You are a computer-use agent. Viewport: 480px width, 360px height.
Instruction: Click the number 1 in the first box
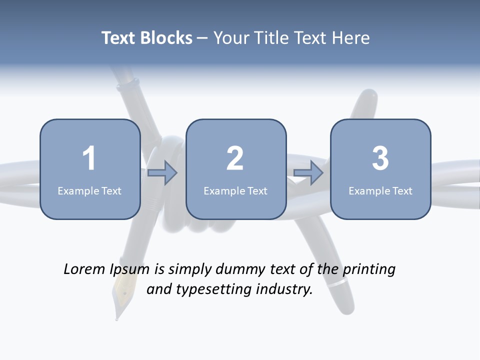pos(89,158)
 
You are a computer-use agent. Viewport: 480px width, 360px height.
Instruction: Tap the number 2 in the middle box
pos(235,158)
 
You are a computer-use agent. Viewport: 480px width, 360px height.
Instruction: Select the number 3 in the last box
pos(380,158)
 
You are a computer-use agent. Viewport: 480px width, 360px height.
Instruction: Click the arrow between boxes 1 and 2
pos(162,173)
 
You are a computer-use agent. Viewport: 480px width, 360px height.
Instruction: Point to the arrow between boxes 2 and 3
pos(308,173)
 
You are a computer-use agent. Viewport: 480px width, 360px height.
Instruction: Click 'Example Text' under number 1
pos(89,190)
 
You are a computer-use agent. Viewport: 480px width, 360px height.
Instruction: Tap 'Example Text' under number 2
pos(235,190)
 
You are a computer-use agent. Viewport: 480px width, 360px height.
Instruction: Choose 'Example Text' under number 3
pos(380,190)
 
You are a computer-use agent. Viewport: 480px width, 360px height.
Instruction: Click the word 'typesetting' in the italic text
pos(210,289)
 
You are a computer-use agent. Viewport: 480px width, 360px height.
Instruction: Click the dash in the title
pos(203,38)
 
